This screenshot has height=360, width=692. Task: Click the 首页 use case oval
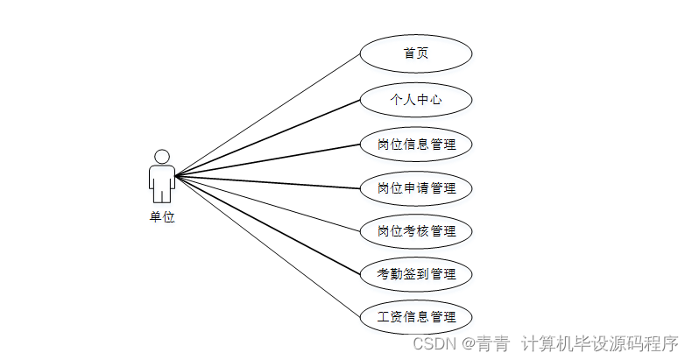(x=416, y=54)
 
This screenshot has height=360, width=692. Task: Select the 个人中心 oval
(x=416, y=99)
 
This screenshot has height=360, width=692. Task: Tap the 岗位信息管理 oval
(x=416, y=144)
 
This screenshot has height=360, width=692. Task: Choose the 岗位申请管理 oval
(x=416, y=187)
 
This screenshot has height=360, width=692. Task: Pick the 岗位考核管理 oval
(x=416, y=231)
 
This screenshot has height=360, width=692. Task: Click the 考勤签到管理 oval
(x=416, y=274)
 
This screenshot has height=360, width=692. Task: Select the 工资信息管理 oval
(x=416, y=317)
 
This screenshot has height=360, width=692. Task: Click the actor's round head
(x=161, y=156)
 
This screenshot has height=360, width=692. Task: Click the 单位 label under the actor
(x=161, y=217)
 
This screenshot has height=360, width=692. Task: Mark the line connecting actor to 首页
(x=267, y=116)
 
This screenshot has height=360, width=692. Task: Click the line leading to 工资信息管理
(x=267, y=246)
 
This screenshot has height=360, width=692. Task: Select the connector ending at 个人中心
(x=267, y=138)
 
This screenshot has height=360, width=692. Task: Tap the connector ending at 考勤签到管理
(x=267, y=225)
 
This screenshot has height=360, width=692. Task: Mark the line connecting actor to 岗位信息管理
(x=267, y=159)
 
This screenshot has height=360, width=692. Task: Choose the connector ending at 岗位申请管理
(x=267, y=181)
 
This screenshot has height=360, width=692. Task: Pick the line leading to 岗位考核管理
(x=267, y=203)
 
